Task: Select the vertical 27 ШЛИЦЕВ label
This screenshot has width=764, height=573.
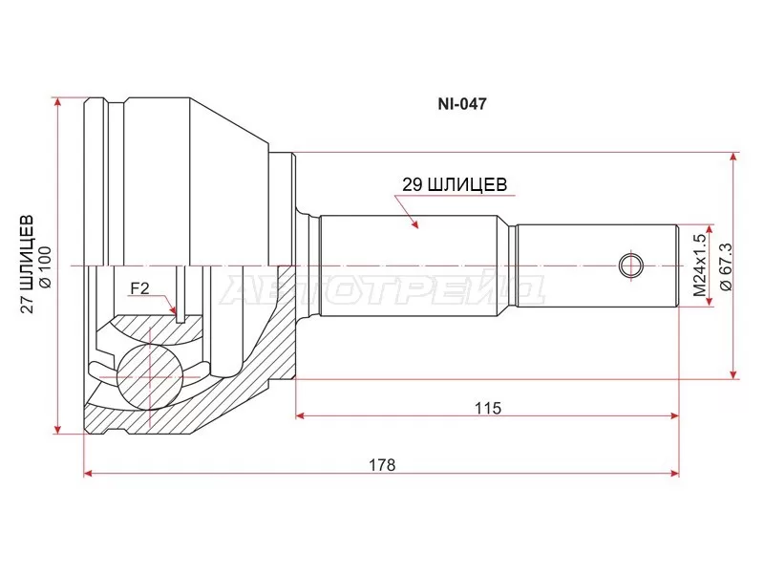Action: (28, 264)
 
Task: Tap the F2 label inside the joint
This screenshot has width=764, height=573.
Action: (139, 286)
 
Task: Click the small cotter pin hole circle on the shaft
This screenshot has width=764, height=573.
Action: (630, 264)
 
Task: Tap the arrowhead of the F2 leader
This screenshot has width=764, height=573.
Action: (174, 312)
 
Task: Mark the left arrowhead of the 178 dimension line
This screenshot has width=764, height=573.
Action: (89, 473)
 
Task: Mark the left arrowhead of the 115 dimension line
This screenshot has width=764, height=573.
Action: (301, 416)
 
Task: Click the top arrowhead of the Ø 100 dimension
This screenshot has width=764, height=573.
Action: (59, 100)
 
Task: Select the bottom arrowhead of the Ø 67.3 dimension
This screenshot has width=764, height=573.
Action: (733, 374)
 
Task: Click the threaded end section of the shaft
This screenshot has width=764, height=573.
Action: (597, 264)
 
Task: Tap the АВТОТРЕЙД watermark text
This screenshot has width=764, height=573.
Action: (382, 289)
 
